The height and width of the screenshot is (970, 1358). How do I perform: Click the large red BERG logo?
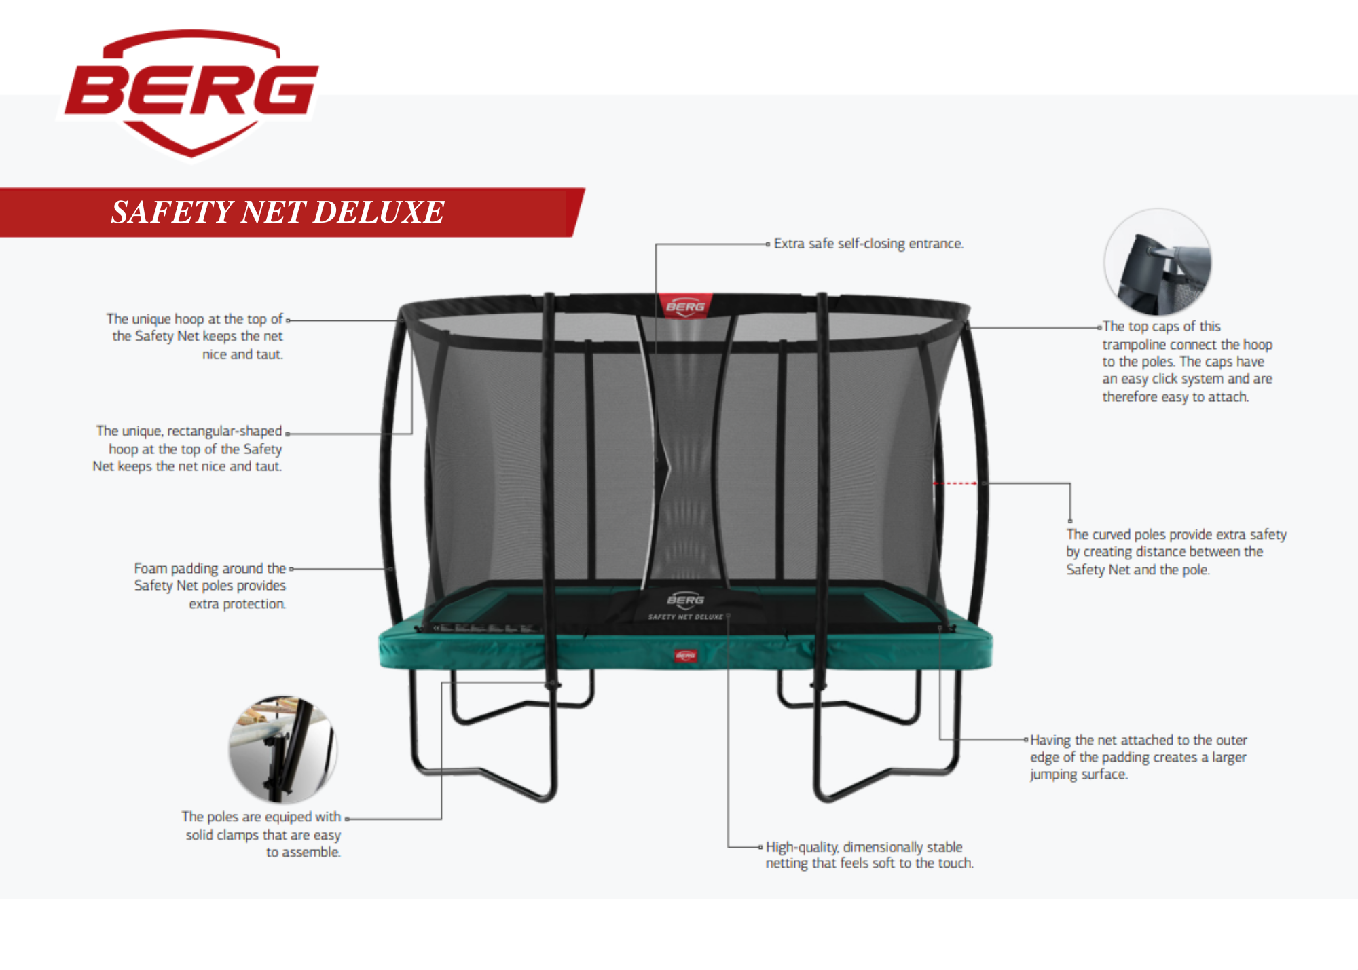[191, 92]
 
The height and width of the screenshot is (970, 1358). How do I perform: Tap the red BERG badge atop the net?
[685, 305]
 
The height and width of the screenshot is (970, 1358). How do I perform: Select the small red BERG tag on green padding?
[686, 655]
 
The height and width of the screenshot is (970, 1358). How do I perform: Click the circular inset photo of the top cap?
[1158, 262]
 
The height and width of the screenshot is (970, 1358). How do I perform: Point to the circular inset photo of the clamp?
[282, 749]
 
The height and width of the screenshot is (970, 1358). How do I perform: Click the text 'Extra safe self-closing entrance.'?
[868, 244]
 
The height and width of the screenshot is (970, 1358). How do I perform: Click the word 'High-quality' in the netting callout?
[801, 847]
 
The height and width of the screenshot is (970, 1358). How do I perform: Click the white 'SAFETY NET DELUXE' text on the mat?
[685, 617]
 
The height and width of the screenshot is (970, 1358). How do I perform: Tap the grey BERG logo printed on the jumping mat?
[685, 599]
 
